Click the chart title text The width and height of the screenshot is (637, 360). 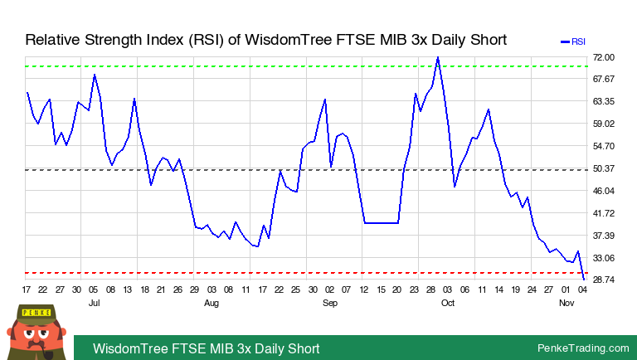point(265,40)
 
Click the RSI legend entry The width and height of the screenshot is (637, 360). point(573,41)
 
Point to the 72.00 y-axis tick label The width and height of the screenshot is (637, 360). point(603,57)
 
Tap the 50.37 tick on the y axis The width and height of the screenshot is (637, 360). point(603,169)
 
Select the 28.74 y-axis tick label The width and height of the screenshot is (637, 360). point(603,280)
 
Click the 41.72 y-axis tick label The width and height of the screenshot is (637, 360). point(603,214)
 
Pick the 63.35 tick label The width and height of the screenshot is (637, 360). point(603,102)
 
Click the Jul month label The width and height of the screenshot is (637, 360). point(94,304)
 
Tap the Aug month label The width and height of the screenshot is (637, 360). point(212,304)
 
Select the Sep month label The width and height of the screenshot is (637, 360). point(329,304)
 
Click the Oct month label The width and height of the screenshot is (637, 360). point(447,304)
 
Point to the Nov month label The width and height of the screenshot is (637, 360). point(566,304)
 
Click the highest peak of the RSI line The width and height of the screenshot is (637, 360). point(437,57)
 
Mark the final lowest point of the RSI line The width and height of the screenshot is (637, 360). point(583,279)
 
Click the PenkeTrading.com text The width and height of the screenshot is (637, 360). point(583,348)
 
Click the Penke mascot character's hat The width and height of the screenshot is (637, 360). point(36,313)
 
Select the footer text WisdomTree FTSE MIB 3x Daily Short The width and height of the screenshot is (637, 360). point(206,348)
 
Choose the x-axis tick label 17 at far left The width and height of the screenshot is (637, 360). point(27,289)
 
